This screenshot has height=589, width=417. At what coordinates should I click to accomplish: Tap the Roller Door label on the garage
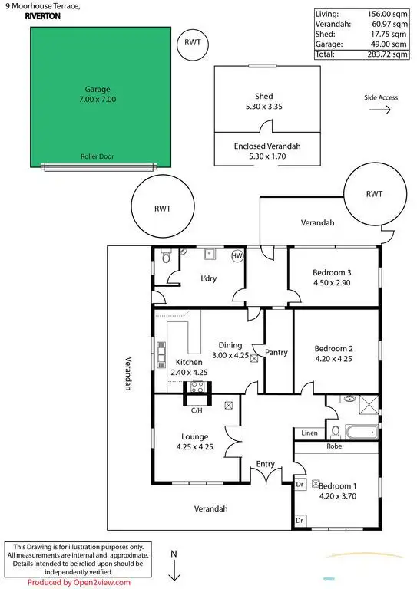coord(97,156)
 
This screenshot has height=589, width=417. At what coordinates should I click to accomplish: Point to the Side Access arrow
coord(380,110)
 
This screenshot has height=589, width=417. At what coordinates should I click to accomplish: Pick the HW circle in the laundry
coord(237,255)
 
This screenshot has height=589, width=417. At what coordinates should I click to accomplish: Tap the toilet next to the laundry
coord(165,260)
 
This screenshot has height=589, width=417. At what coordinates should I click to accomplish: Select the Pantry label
coord(276,353)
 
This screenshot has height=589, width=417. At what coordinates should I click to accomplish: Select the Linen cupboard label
coord(309,433)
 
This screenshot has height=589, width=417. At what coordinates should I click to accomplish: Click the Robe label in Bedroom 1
coord(333,445)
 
